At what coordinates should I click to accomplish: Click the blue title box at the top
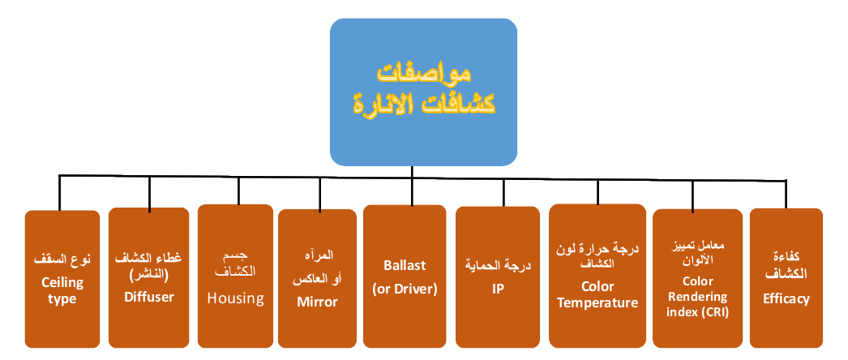423,89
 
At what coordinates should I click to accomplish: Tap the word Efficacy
786,298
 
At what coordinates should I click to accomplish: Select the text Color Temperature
598,294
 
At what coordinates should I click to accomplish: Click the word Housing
235,298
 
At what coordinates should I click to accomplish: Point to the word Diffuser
149,297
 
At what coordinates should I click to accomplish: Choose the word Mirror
316,302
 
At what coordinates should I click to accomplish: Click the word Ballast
405,265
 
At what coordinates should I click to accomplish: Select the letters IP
497,288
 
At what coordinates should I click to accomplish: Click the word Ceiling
62,282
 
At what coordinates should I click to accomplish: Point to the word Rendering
697,297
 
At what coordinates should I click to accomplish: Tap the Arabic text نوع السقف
62,260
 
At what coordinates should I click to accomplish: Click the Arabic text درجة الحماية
497,265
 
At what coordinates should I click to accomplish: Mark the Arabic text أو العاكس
316,280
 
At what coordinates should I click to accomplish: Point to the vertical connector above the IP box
503,191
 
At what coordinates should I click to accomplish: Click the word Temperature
598,302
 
